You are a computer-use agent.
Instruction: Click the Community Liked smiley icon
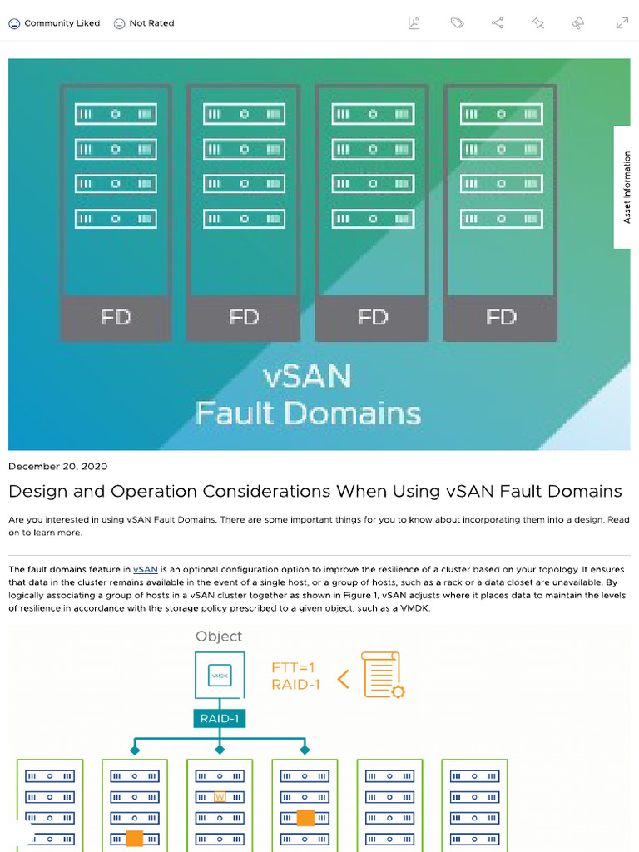click(x=14, y=23)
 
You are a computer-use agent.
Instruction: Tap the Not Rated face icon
click(x=119, y=23)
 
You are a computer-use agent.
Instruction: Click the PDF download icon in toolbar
click(x=414, y=23)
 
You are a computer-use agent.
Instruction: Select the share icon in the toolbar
click(x=498, y=23)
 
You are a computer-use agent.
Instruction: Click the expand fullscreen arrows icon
click(x=622, y=23)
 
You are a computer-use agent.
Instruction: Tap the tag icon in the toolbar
click(x=457, y=23)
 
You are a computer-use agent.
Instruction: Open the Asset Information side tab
click(x=627, y=187)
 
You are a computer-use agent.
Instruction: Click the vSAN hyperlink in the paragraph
click(x=146, y=569)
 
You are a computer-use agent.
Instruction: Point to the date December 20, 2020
click(x=57, y=466)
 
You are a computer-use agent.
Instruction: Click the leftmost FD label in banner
click(x=116, y=317)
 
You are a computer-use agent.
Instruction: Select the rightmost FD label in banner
click(x=501, y=317)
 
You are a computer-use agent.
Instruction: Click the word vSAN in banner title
click(x=307, y=377)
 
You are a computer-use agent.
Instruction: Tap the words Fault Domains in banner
click(x=308, y=414)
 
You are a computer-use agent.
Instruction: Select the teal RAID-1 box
click(x=219, y=718)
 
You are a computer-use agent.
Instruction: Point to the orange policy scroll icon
click(x=382, y=675)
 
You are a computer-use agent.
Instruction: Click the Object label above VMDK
click(x=219, y=637)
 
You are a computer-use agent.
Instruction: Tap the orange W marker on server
click(x=220, y=796)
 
